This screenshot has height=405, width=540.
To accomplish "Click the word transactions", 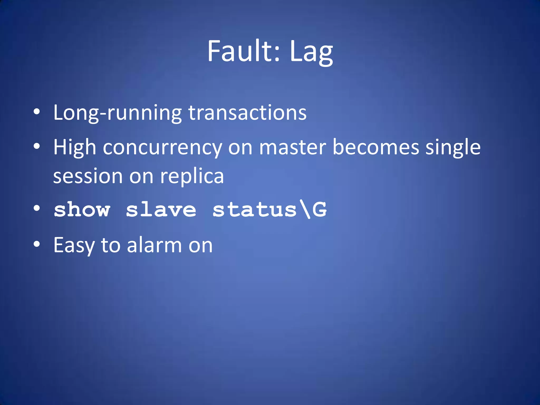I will point(247,113).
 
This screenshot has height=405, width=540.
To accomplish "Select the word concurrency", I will point(162,148).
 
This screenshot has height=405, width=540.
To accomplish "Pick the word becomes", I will point(376,147).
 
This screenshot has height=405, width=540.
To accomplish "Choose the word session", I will point(88,176).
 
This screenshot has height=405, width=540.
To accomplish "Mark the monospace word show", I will point(82,210).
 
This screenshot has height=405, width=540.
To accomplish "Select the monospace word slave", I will point(161,210).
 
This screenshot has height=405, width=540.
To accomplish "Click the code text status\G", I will point(269,210).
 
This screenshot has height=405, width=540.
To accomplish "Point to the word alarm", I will point(155,245).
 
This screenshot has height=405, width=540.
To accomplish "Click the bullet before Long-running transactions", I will point(37,112).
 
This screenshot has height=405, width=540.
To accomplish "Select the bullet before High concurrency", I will point(37,146).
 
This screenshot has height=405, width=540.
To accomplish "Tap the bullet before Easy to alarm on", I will point(37,244).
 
